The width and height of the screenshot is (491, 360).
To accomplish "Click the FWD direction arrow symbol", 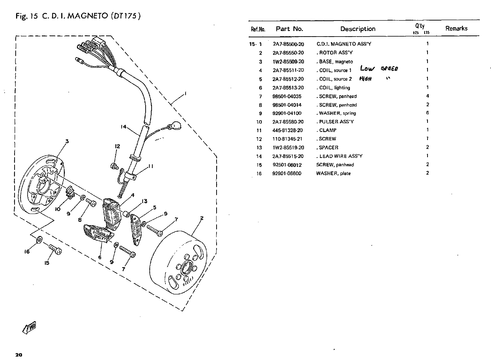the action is (29, 328).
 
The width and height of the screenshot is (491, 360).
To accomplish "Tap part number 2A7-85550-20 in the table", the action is (288, 53).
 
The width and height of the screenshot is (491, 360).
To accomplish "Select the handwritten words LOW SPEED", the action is (379, 68).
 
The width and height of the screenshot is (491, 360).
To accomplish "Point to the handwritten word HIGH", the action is (366, 79).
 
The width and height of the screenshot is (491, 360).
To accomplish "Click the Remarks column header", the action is (456, 28).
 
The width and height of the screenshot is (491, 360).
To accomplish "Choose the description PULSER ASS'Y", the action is (336, 122).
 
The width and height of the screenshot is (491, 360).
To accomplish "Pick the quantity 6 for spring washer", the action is (428, 113).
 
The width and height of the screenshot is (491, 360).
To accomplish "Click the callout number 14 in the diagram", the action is (124, 127).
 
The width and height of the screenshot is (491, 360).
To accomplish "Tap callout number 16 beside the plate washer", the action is (27, 252).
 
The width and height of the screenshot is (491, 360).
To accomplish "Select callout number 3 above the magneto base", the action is (67, 142).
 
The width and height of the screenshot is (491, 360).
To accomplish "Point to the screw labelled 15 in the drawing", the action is (55, 250).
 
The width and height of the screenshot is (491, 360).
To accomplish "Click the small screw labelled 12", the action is (114, 166).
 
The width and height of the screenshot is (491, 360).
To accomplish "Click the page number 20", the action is (19, 355).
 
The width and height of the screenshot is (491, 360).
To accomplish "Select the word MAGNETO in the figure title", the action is (88, 16).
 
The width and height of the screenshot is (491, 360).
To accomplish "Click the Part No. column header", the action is (289, 29).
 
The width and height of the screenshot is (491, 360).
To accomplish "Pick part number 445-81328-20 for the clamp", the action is (288, 130).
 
